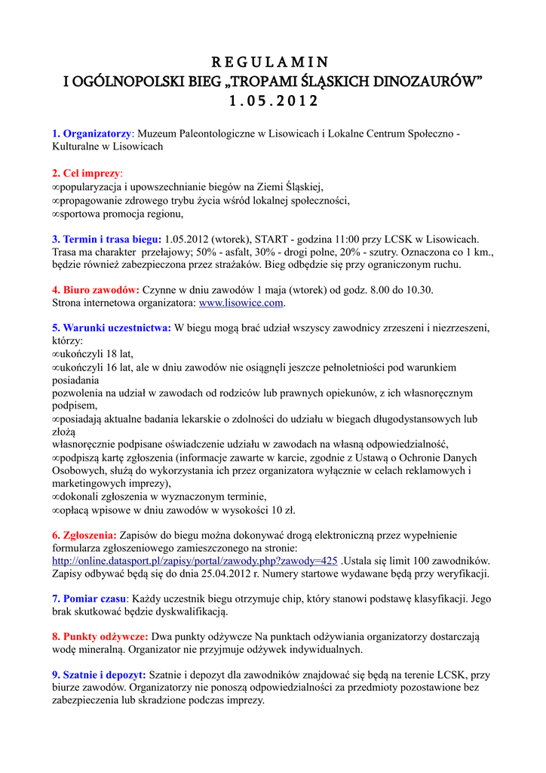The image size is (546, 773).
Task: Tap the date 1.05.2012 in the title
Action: [x=272, y=100]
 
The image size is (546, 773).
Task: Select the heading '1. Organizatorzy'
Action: [x=92, y=134]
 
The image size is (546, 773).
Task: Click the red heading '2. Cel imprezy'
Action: [x=86, y=174]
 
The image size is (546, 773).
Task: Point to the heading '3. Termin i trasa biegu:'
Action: [x=106, y=239]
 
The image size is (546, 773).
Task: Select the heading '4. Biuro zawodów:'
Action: [x=95, y=290]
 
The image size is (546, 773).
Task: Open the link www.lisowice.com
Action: [x=241, y=303]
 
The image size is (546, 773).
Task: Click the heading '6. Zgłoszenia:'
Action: [x=84, y=535]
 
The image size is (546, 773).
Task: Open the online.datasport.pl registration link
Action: [x=195, y=561]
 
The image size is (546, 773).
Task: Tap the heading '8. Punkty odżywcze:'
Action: [x=100, y=636]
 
